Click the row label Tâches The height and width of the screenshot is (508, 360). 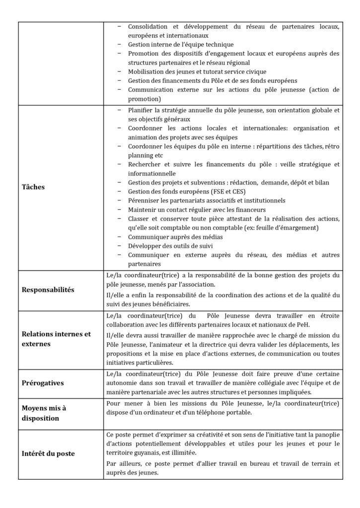[x=33, y=188]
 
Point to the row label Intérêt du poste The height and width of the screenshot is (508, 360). [x=48, y=453]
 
